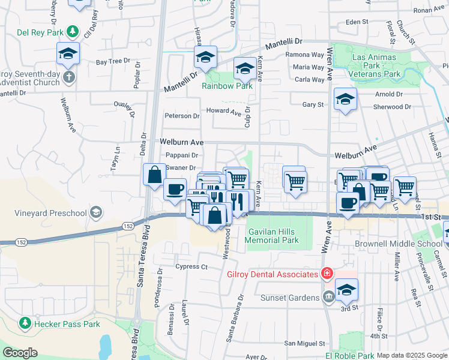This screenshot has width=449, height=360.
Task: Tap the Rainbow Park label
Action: (x=226, y=85)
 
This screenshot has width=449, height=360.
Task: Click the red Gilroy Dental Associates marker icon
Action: (x=327, y=274)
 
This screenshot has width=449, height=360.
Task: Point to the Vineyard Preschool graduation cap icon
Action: (x=95, y=212)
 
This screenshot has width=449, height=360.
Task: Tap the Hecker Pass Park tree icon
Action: (x=25, y=324)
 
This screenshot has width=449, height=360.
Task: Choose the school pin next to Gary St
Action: (x=345, y=100)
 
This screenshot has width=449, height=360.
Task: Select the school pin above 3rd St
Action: (x=346, y=291)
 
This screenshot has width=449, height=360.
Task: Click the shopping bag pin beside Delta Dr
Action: (x=154, y=175)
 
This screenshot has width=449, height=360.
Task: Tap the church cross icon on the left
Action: (x=69, y=77)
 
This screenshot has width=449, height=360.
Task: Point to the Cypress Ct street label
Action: (x=191, y=266)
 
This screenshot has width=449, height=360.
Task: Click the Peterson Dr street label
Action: (x=182, y=116)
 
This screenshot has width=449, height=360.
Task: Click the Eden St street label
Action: (x=357, y=22)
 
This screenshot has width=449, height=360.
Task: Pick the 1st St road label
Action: (x=430, y=216)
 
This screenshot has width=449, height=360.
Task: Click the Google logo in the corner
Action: (x=20, y=353)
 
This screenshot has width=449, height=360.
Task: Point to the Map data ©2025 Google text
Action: (x=411, y=355)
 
